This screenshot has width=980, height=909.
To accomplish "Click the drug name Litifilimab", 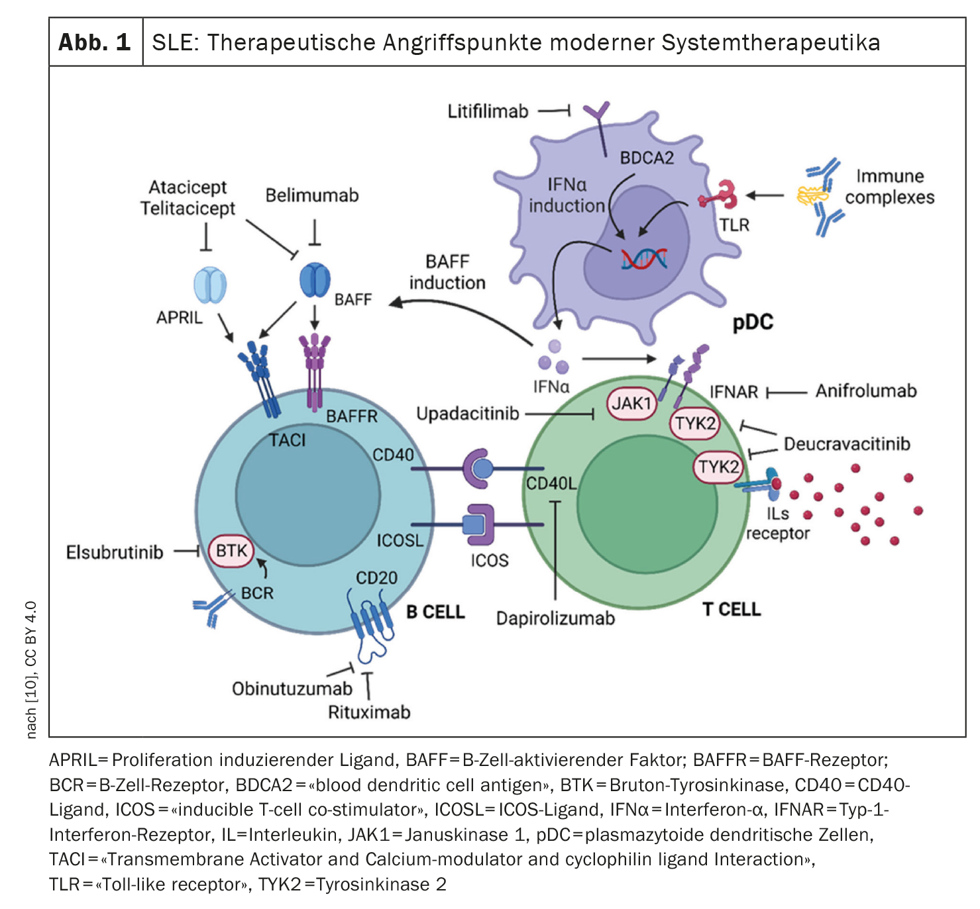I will [x=488, y=111].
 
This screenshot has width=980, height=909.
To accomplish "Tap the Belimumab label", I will [x=312, y=195].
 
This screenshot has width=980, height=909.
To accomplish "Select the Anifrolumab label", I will [x=866, y=391].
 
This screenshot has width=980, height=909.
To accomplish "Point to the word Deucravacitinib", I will [x=847, y=444].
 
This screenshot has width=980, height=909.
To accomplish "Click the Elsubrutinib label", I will [x=115, y=552].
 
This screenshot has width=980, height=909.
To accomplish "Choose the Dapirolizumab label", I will [x=555, y=618].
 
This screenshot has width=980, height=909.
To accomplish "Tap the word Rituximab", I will [x=369, y=712].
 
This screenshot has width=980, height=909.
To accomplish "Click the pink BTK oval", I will [x=231, y=551].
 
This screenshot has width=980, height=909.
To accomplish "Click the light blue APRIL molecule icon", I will [x=210, y=285].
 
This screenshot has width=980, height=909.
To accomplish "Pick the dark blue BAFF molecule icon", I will [x=315, y=280].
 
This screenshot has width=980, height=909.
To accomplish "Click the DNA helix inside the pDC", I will [x=644, y=258].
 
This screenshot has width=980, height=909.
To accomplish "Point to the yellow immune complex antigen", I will [x=812, y=195].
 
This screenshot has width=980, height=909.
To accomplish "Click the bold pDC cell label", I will [x=753, y=322].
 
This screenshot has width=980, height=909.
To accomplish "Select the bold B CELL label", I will [x=435, y=612].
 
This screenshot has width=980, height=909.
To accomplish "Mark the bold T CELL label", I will [x=732, y=609].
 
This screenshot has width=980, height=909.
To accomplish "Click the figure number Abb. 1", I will [x=95, y=42].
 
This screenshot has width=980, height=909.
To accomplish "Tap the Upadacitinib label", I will [x=468, y=414].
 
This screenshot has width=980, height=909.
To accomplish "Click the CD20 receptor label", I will [x=376, y=578].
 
